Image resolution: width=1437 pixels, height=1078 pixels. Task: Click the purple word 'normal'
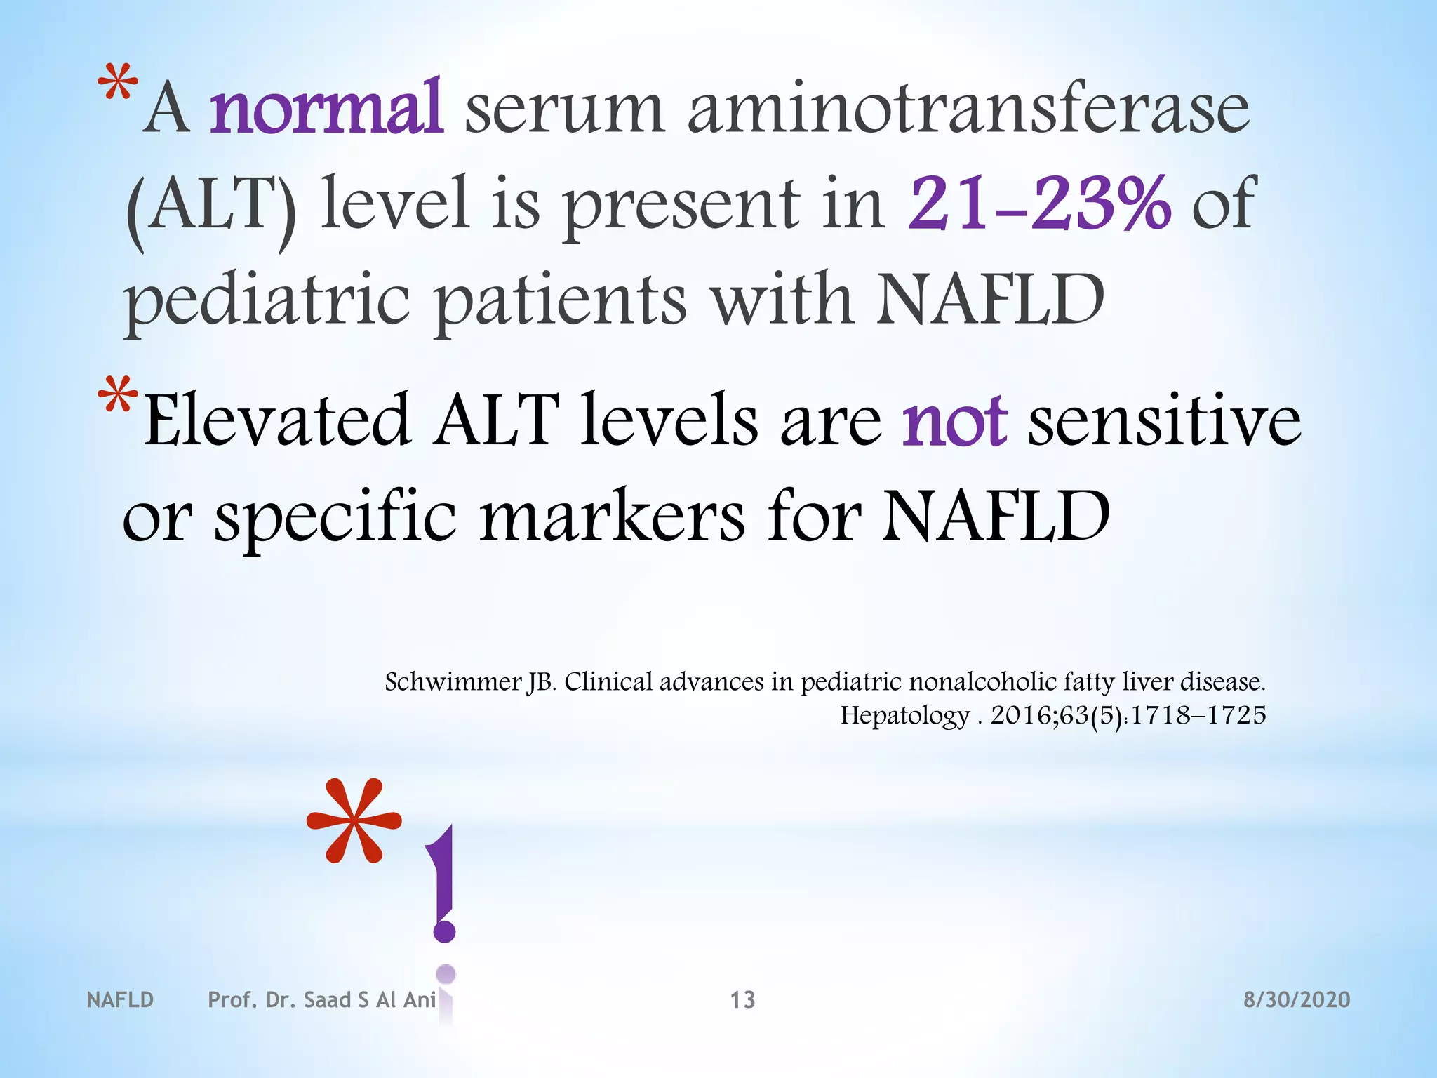pos(326,109)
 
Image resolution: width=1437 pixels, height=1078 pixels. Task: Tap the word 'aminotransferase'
pos(968,109)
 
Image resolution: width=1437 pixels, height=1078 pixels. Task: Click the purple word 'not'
pos(954,421)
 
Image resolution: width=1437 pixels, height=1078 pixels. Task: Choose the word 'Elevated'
pos(277,421)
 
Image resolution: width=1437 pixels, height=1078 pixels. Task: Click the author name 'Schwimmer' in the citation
pos(453,682)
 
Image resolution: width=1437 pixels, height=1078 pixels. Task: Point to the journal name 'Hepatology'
pos(904,716)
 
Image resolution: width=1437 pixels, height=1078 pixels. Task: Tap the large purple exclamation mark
pos(444,884)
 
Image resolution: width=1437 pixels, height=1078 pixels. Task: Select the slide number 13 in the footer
pos(742,999)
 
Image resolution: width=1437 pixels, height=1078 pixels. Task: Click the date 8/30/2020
pos(1297,999)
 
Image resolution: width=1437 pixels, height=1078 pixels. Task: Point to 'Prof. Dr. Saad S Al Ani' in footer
pos(322,999)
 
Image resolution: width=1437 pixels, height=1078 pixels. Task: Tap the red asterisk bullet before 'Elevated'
pos(118,397)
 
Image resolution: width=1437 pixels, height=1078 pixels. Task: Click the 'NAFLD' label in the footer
pos(120,999)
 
